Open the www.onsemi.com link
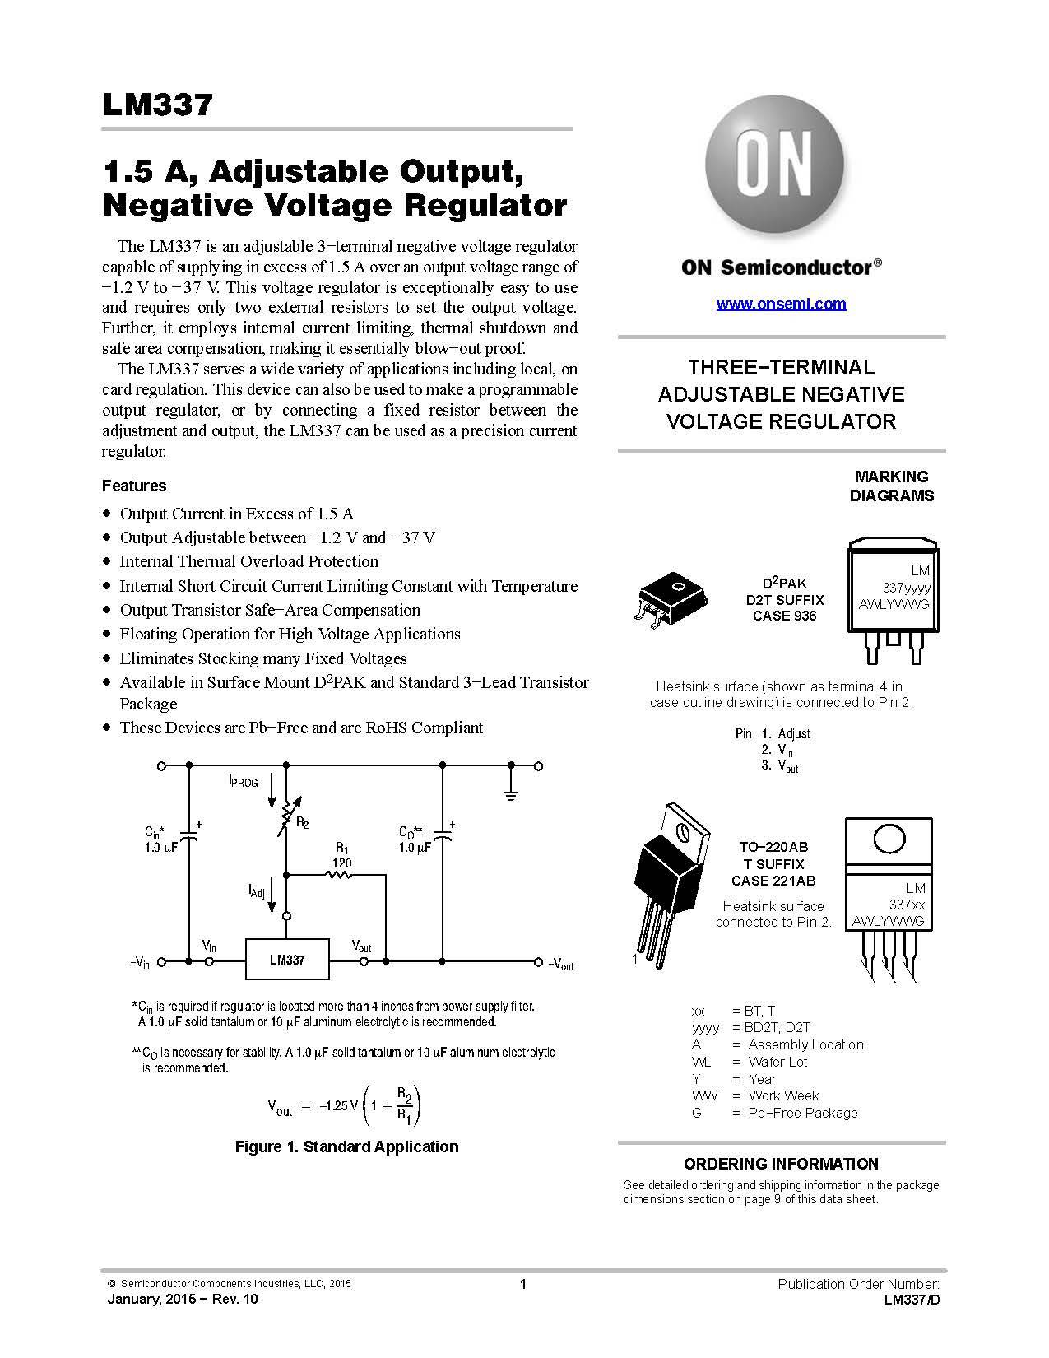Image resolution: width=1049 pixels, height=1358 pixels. pyautogui.click(x=781, y=304)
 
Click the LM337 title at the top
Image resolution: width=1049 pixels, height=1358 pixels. pyautogui.click(x=158, y=105)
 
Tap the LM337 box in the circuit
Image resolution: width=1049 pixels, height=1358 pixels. pyautogui.click(x=287, y=960)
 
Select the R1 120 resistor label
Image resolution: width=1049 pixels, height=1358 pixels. pyautogui.click(x=341, y=855)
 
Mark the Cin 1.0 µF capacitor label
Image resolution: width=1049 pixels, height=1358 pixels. pyautogui.click(x=160, y=839)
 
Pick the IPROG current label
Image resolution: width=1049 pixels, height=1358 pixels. pyautogui.click(x=244, y=780)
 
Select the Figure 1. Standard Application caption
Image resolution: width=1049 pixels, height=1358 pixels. pyautogui.click(x=346, y=1146)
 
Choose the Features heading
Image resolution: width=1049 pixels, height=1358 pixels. pyautogui.click(x=134, y=486)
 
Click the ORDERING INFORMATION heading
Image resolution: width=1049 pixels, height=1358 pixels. pyautogui.click(x=781, y=1164)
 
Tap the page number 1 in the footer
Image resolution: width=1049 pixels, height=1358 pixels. pyautogui.click(x=523, y=1284)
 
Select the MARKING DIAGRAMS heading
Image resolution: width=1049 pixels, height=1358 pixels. pyautogui.click(x=891, y=486)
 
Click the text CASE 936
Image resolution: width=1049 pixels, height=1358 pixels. pyautogui.click(x=784, y=616)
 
